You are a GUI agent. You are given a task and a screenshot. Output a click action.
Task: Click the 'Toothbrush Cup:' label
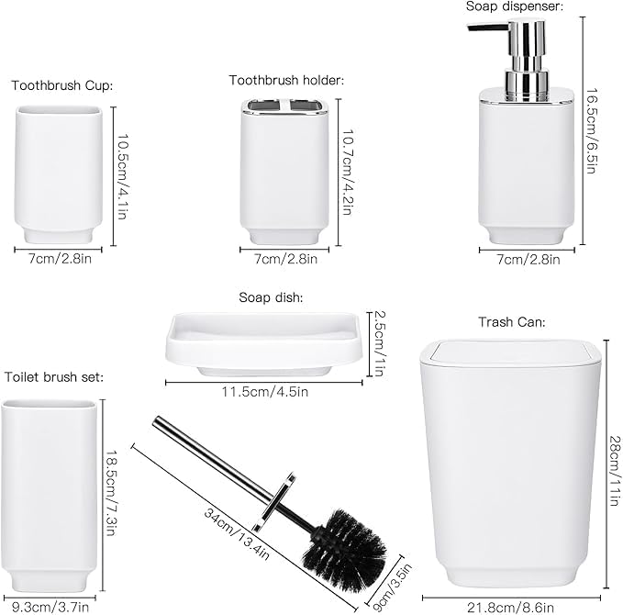click(x=62, y=85)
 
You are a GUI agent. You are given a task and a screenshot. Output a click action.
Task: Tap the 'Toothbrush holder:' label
click(x=286, y=80)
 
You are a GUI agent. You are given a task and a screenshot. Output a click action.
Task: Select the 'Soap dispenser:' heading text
click(x=515, y=6)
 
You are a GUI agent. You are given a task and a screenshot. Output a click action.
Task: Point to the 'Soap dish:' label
click(x=271, y=297)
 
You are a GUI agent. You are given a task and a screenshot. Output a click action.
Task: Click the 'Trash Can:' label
click(x=512, y=322)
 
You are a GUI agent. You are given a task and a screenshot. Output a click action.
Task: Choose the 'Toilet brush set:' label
click(x=54, y=376)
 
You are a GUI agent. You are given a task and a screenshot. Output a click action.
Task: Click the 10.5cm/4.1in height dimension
click(x=122, y=176)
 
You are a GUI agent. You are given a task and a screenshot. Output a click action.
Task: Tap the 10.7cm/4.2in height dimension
click(x=348, y=173)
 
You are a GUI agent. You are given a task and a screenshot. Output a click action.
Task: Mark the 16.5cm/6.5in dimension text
click(x=592, y=130)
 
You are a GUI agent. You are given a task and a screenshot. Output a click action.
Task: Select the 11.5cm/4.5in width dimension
click(x=265, y=392)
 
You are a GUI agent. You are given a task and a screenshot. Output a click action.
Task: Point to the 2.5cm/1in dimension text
click(x=380, y=343)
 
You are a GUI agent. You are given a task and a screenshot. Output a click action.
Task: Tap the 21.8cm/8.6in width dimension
click(x=510, y=608)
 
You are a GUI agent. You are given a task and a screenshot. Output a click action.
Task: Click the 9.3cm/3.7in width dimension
click(x=50, y=607)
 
